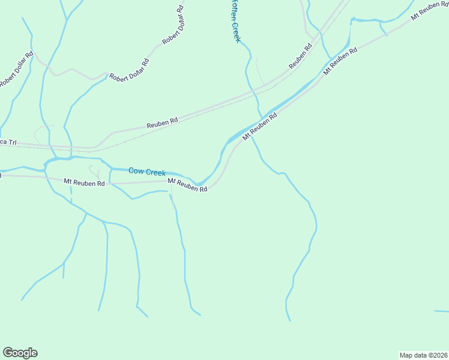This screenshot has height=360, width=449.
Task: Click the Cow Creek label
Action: (146, 172)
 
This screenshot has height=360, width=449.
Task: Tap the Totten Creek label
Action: (235, 21)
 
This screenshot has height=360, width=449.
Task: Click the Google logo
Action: (20, 353)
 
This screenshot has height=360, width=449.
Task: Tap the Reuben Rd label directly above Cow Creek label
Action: (163, 121)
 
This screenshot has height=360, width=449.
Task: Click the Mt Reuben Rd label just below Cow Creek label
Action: (187, 185)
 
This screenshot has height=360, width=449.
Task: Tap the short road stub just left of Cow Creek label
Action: (94, 171)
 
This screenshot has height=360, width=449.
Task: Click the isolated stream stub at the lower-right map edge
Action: (441, 311)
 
